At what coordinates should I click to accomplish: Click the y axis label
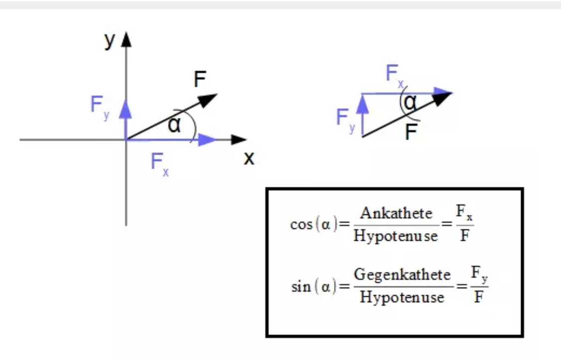click(110, 41)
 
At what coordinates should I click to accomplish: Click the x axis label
click(249, 158)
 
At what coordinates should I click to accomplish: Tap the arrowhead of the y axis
click(126, 39)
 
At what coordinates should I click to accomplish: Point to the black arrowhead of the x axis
click(239, 140)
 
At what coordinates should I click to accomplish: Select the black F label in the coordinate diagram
click(200, 79)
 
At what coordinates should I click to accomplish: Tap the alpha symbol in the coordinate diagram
click(174, 125)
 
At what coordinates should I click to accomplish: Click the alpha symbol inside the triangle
click(410, 102)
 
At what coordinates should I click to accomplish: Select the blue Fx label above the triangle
click(394, 75)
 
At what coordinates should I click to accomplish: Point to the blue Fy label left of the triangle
click(346, 120)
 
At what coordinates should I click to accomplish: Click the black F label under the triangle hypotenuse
click(411, 132)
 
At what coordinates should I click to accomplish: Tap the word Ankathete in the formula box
click(396, 213)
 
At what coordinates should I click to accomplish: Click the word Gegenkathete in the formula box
click(402, 275)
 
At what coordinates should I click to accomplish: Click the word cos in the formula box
click(301, 225)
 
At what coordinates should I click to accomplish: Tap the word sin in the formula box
click(301, 286)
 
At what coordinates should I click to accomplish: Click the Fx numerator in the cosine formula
click(464, 212)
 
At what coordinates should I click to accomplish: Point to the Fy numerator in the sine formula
click(479, 274)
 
